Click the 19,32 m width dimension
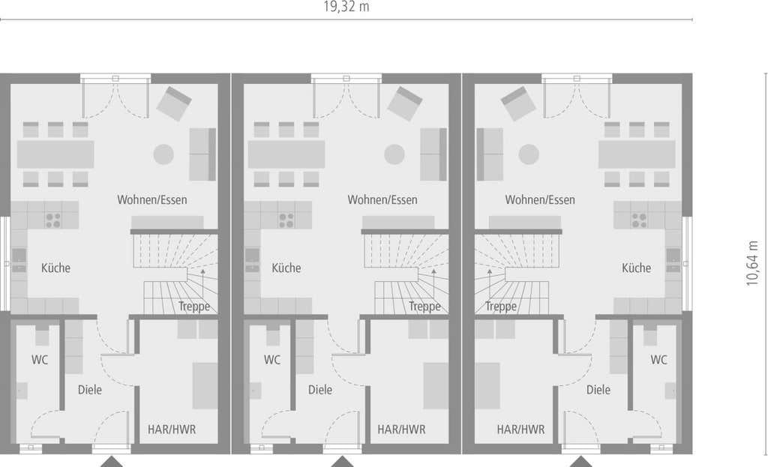point(346,7)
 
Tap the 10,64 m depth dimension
point(752,263)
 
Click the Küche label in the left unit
point(55,268)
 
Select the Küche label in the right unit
point(636,268)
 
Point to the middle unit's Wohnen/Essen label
point(382,199)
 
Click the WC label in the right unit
point(658,360)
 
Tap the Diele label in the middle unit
point(320,390)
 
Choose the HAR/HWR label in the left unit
point(172,430)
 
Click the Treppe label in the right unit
point(501,307)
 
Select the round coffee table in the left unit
point(163,154)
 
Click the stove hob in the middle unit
point(286,220)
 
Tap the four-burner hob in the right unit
point(639,220)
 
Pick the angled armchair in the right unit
point(518,103)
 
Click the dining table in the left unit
point(55,154)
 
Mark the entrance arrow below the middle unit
point(342,462)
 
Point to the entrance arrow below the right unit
point(581,462)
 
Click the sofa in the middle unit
point(433,154)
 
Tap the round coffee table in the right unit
point(529,154)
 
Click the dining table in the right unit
point(637,154)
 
